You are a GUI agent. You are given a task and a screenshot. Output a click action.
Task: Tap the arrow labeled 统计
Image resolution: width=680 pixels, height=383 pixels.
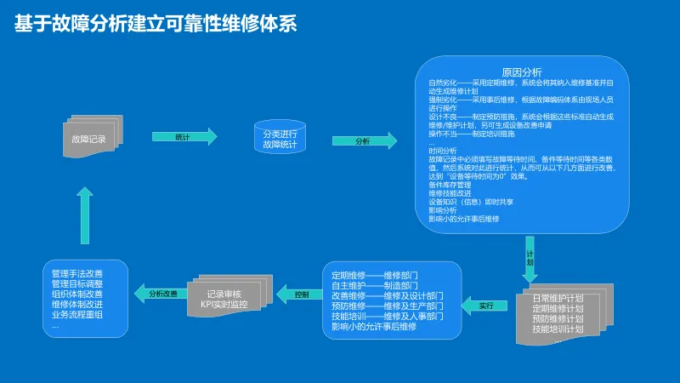pos(184,137)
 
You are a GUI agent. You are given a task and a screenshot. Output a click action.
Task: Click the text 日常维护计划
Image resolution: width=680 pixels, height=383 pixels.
pos(558,299)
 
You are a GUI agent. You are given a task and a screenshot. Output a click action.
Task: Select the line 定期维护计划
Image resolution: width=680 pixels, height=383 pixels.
pos(558,309)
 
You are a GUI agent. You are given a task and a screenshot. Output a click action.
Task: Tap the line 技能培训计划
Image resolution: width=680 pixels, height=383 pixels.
pos(558,329)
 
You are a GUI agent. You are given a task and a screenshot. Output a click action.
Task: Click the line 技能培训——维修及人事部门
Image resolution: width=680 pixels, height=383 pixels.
pos(387,317)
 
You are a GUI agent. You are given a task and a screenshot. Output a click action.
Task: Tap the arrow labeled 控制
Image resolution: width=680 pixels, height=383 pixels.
pos(301,295)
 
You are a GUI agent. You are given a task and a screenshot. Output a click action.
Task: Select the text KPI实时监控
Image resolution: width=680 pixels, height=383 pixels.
pos(224,305)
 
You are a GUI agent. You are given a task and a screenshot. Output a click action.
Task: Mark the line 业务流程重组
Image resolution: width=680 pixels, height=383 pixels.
pos(77,315)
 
